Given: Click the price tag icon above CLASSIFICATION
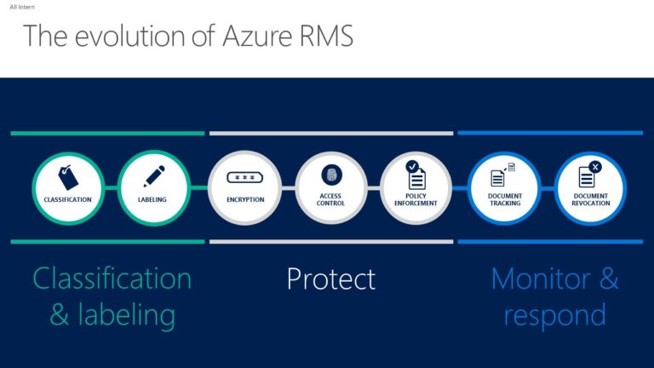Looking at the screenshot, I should (x=67, y=176).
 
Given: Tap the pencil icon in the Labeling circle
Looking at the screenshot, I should (x=153, y=176).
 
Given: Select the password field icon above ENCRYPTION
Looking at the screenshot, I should (x=244, y=177).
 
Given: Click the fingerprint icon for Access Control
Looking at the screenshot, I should (x=330, y=175).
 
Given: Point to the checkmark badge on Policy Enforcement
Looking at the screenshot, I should (x=412, y=165).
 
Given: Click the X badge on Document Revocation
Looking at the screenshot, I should (x=594, y=167).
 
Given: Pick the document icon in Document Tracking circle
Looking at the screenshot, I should (x=498, y=177).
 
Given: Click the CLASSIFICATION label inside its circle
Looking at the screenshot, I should (x=67, y=200).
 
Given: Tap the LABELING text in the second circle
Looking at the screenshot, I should (x=152, y=200).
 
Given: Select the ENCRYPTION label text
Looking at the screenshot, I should (x=244, y=200).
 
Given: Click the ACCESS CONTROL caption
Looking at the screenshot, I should (x=330, y=200).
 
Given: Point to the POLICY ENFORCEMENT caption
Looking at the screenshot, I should (x=416, y=200).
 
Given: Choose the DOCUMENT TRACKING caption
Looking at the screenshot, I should (x=504, y=200).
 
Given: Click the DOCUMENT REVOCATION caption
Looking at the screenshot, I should (x=590, y=200).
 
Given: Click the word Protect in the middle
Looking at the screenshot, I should (x=330, y=279).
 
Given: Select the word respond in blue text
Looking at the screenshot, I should (x=554, y=314).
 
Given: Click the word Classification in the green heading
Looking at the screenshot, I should (x=112, y=279).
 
